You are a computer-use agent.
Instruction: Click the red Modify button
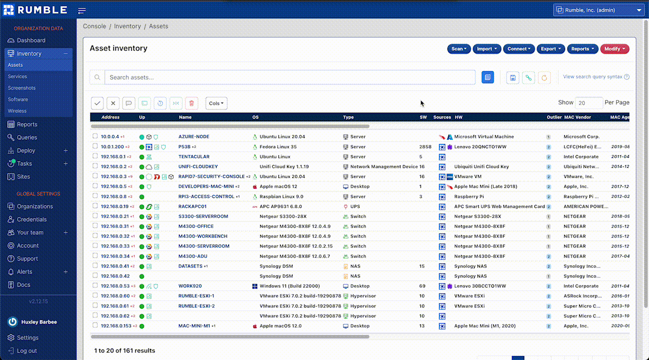614,49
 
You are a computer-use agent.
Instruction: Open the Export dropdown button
550,49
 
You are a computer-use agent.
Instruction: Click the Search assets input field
289,77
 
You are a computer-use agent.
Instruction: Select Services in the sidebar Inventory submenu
17,76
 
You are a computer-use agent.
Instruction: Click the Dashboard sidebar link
31,40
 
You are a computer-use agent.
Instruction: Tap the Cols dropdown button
216,103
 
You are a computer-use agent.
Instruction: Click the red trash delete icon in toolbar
191,103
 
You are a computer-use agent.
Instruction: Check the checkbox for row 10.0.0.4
95,136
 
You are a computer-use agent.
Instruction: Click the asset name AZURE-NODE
193,136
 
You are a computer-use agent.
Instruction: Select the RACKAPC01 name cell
192,206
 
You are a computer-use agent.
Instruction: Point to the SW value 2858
425,147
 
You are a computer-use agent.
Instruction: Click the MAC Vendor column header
577,117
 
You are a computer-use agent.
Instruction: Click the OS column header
255,117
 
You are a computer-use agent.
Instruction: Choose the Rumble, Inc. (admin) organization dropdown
598,10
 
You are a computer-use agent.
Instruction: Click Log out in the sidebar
26,351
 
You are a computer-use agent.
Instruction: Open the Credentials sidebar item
31,219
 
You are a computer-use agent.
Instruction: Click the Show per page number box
588,103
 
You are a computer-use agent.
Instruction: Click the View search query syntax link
593,77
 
